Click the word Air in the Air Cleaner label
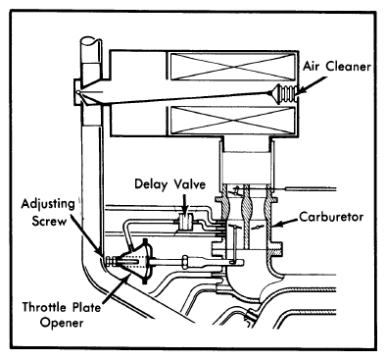click(313, 67)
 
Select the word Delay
click(151, 184)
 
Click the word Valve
click(189, 184)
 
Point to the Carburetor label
click(331, 217)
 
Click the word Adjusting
click(48, 205)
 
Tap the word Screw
click(49, 221)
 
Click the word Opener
click(62, 323)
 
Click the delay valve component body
click(186, 222)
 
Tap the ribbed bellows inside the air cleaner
click(284, 93)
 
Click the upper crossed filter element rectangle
click(233, 67)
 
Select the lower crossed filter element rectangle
click(233, 121)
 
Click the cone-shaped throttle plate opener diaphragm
click(136, 261)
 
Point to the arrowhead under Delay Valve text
click(185, 212)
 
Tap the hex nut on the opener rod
click(185, 261)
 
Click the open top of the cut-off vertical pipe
click(91, 42)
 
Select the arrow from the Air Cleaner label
click(313, 85)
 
